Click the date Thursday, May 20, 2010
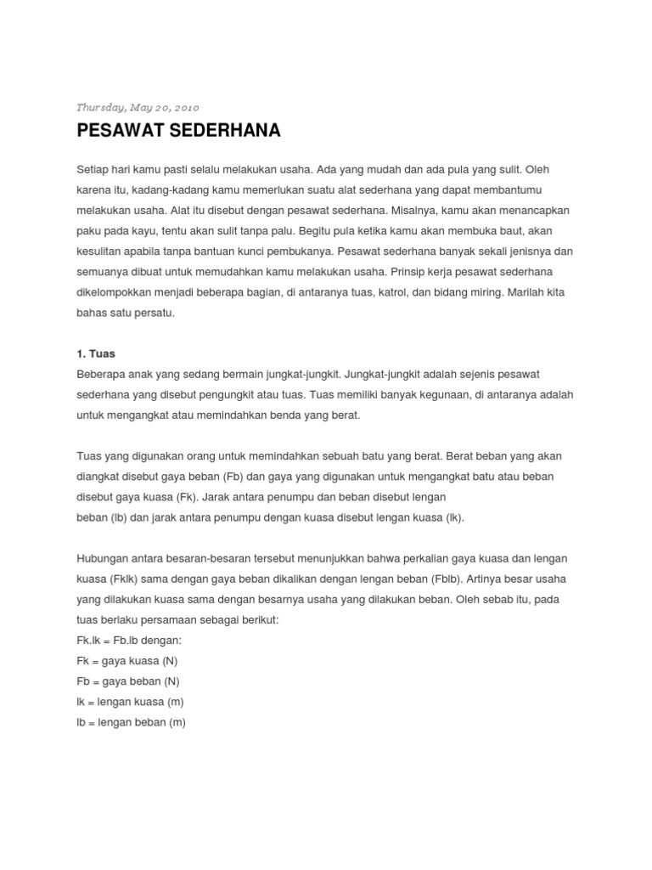coord(138,108)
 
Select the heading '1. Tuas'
coord(95,353)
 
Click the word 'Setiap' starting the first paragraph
coord(92,169)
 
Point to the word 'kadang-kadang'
coord(166,189)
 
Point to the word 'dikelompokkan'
coord(114,291)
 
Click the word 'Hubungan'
coord(103,558)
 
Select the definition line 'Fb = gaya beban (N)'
coord(128,681)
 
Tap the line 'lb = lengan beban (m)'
coord(131,722)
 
